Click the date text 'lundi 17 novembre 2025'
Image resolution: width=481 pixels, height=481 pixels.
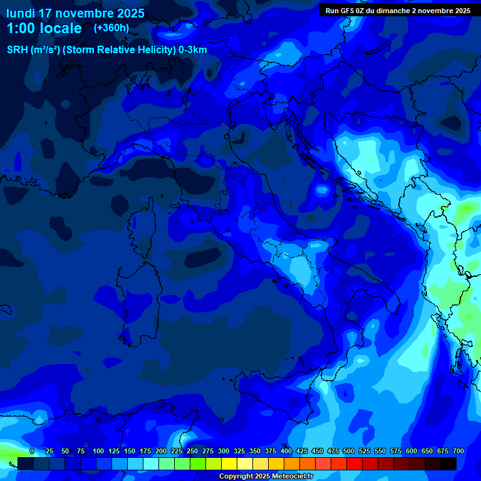[75, 13]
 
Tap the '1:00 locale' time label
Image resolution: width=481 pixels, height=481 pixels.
[44, 29]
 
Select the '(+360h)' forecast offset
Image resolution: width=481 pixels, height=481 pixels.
[111, 28]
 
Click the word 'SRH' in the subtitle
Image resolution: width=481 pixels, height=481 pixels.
[18, 50]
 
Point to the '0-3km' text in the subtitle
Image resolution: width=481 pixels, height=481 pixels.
[192, 50]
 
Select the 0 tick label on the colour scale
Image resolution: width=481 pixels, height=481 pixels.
[32, 451]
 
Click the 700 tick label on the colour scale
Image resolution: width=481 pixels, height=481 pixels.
[458, 451]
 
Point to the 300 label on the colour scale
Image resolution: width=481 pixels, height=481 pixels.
[224, 451]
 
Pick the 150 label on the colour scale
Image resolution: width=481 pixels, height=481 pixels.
[130, 451]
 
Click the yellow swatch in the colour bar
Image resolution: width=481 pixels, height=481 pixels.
[229, 464]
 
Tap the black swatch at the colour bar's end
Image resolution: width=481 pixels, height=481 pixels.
[448, 464]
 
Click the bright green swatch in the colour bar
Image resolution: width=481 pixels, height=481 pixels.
[198, 464]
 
